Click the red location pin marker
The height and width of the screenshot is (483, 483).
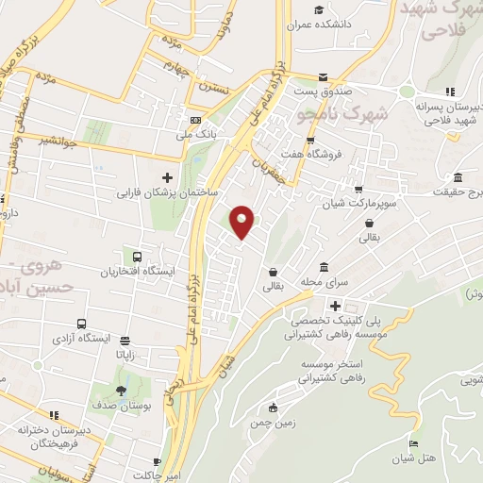[x=242, y=221]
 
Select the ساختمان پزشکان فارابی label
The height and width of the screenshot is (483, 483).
[x=168, y=192]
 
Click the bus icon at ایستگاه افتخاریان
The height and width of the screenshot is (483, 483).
[x=138, y=256]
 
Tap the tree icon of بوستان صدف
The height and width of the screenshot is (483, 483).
[x=121, y=391]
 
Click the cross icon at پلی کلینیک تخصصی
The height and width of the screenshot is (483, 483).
[x=335, y=305]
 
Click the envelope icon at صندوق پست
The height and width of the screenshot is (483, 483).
[x=324, y=77]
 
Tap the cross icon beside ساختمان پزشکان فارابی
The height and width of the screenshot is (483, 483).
[x=168, y=176]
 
